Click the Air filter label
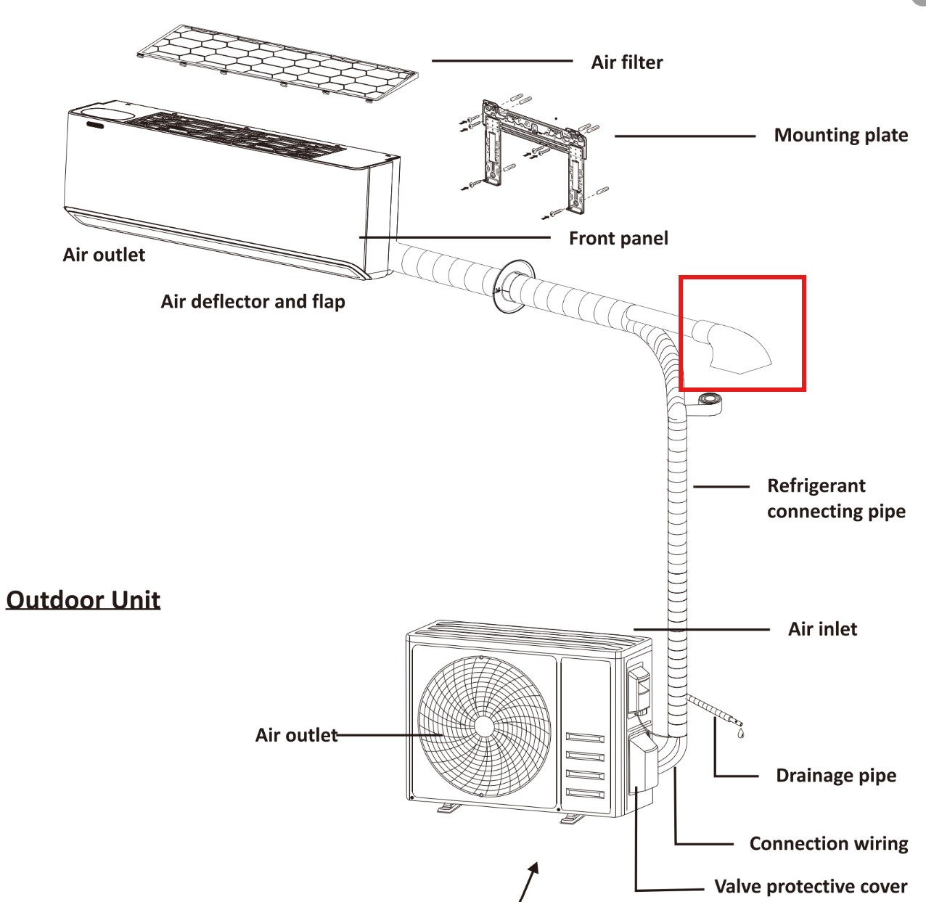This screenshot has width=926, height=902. pos(626,62)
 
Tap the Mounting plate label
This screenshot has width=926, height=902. pos(840,135)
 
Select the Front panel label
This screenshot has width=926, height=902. pos(618,238)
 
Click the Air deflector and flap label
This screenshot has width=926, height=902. pos(253,301)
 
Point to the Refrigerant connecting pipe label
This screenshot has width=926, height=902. pos(835,499)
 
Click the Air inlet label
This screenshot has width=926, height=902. pos(822,628)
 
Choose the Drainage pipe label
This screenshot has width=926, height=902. pos(835,775)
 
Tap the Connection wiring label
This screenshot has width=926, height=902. pos(828,843)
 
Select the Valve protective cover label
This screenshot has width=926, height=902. pos(810,886)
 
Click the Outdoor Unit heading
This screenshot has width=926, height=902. pos(83,599)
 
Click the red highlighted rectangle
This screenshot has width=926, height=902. pos(742,333)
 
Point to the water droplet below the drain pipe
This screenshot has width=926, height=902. pos(740,734)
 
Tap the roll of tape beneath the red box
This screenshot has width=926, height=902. pos(708,401)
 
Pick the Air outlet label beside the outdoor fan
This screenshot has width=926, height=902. pos(296,735)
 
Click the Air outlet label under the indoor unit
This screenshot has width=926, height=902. pos(104,255)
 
